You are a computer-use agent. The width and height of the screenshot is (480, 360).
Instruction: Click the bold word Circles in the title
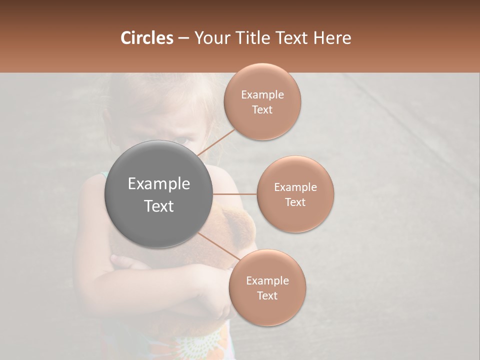tap(146, 38)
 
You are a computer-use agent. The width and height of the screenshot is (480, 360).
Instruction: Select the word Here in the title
tap(332, 38)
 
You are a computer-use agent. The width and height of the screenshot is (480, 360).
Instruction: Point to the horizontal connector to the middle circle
tap(235, 194)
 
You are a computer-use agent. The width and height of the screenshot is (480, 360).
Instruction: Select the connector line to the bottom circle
tap(218, 246)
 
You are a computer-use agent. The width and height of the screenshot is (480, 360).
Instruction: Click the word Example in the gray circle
tap(159, 184)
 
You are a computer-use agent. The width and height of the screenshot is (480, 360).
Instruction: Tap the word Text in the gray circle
tap(159, 206)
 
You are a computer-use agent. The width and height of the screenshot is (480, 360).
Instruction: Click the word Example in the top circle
tap(262, 94)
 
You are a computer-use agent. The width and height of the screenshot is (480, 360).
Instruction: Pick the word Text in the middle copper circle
tap(295, 202)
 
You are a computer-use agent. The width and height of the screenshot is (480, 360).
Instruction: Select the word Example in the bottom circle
tap(267, 280)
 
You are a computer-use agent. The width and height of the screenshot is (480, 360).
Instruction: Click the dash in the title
tap(183, 38)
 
